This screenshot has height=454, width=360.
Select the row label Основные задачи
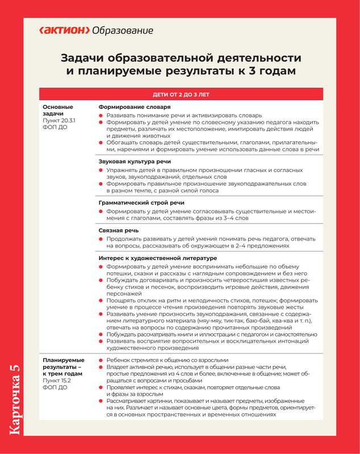[59, 110]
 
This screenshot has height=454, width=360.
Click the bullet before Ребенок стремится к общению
[101, 360]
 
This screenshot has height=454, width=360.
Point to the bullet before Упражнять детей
[101, 170]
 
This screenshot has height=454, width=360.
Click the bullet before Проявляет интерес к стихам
[101, 388]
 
